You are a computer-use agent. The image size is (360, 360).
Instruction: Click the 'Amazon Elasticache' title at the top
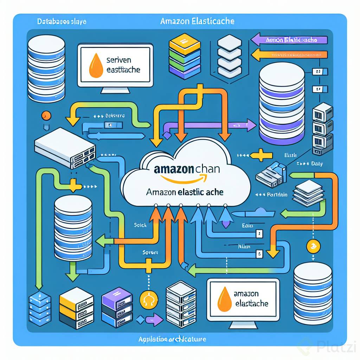197,21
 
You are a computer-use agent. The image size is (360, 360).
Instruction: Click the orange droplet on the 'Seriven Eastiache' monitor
96,65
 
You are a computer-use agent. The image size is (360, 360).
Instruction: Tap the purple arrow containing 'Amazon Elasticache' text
290,40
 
